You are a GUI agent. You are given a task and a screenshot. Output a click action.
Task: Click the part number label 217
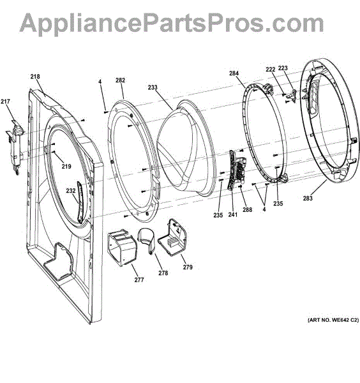tap(5, 101)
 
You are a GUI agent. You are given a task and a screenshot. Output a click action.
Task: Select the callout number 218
tap(35, 77)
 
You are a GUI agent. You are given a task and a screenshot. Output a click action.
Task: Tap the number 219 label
tap(66, 167)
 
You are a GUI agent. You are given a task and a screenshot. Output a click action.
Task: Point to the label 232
tap(71, 190)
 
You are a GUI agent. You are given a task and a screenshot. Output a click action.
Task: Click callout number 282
tap(120, 80)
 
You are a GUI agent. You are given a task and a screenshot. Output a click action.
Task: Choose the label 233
tap(153, 87)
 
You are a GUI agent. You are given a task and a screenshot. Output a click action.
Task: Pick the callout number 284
tap(234, 73)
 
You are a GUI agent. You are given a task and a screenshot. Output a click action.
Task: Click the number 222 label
tap(271, 70)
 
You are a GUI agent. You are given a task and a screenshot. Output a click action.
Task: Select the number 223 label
tap(283, 68)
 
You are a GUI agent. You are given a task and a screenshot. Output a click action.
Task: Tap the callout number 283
tap(308, 198)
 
